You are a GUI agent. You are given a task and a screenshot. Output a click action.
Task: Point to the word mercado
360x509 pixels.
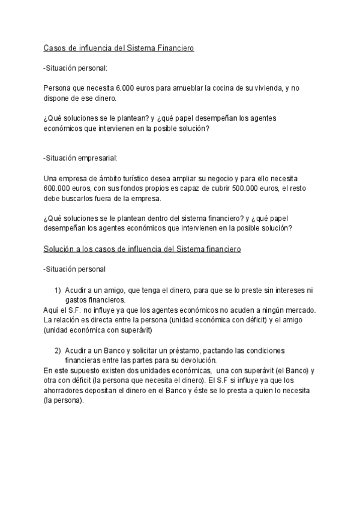point(298,310)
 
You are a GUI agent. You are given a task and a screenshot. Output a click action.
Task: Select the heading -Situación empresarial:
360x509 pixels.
point(80,158)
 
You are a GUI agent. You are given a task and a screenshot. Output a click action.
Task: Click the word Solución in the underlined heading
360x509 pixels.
point(61,249)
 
